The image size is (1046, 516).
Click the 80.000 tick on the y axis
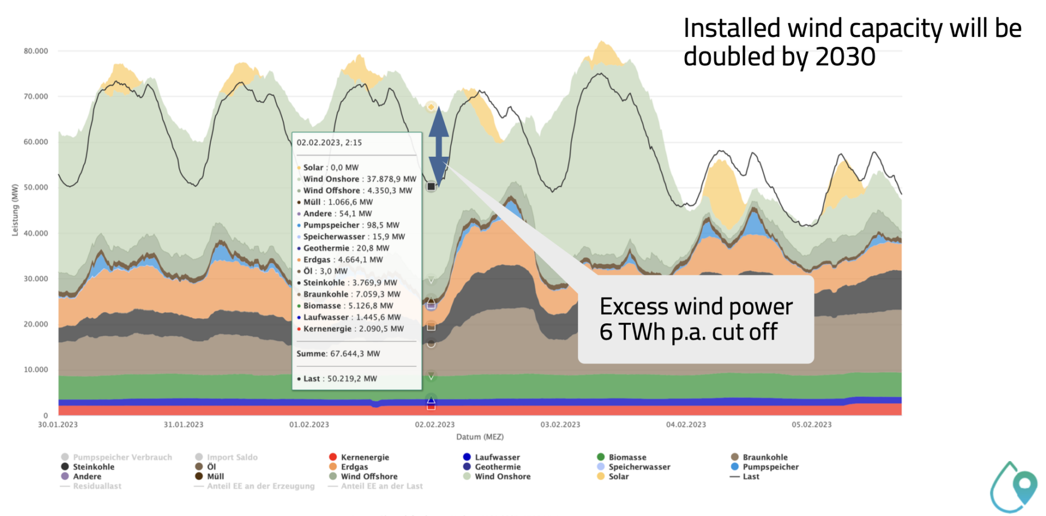click(x=36, y=51)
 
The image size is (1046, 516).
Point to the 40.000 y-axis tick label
click(x=36, y=233)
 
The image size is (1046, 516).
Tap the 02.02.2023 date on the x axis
click(x=434, y=425)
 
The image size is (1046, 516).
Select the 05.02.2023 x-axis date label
click(x=811, y=425)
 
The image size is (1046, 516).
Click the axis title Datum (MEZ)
click(x=480, y=437)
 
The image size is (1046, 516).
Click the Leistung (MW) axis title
click(x=15, y=210)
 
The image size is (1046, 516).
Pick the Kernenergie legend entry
click(x=364, y=457)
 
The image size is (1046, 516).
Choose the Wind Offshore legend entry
click(x=369, y=476)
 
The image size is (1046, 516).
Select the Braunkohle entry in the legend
click(x=765, y=457)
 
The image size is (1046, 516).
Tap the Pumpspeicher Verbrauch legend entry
click(x=122, y=457)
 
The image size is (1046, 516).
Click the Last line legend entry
click(x=750, y=476)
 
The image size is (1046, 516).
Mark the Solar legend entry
click(x=618, y=476)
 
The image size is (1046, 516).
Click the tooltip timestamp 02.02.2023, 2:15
click(x=329, y=143)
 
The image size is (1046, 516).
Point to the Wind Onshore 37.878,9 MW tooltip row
click(x=359, y=179)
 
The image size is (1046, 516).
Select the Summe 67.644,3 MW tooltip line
click(x=338, y=354)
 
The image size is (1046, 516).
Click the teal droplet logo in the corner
click(x=1014, y=487)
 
